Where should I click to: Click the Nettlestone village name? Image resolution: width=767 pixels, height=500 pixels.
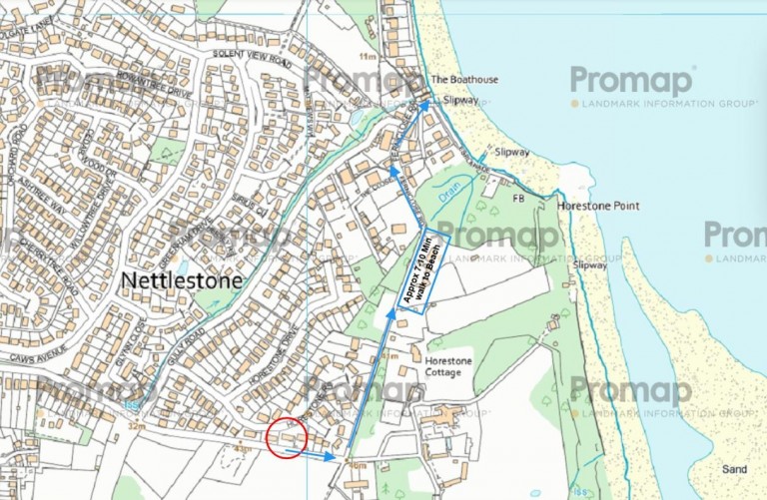click(181, 281)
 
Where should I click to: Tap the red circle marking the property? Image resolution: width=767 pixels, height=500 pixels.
click(287, 437)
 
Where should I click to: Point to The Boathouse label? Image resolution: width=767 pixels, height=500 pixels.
click(463, 79)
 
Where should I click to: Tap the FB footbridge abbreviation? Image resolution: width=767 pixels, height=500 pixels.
click(518, 199)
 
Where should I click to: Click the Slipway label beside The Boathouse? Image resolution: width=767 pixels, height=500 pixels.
click(460, 101)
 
